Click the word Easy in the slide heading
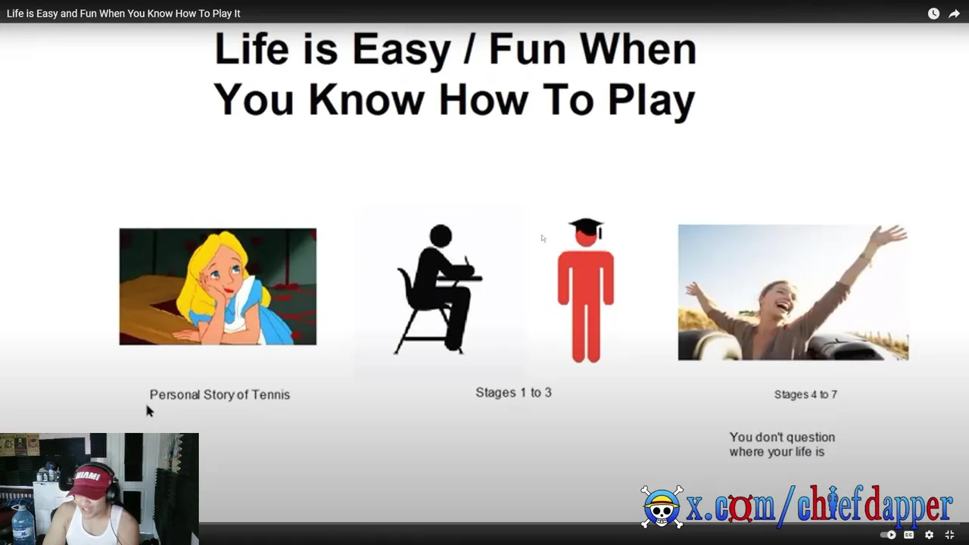(401, 51)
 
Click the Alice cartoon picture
(218, 286)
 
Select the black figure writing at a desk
(438, 289)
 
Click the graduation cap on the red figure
(586, 226)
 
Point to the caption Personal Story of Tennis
(220, 394)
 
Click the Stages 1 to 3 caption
(513, 392)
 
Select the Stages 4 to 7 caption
(805, 394)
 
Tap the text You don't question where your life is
(782, 444)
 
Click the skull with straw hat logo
(662, 506)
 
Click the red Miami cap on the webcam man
(89, 481)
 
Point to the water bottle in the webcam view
(23, 525)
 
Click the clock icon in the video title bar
(933, 14)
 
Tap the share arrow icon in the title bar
(954, 14)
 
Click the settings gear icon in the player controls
(929, 535)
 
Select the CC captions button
(909, 535)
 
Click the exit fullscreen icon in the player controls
(949, 535)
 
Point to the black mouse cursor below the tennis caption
(150, 411)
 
